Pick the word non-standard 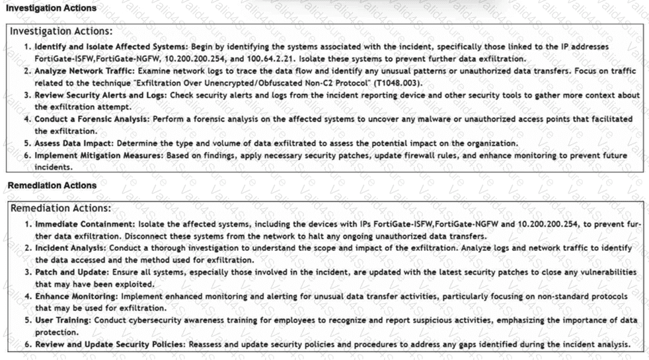545,297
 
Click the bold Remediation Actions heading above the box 51,186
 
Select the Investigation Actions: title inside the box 61,31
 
